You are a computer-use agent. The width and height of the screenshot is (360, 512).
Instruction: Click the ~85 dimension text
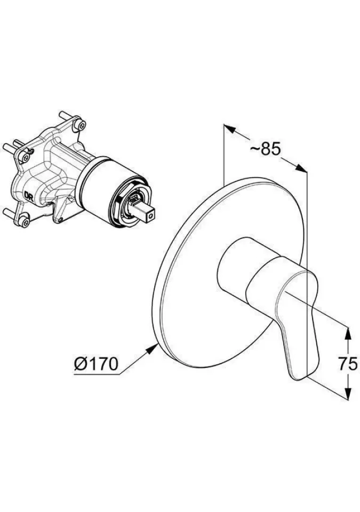(x=265, y=150)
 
